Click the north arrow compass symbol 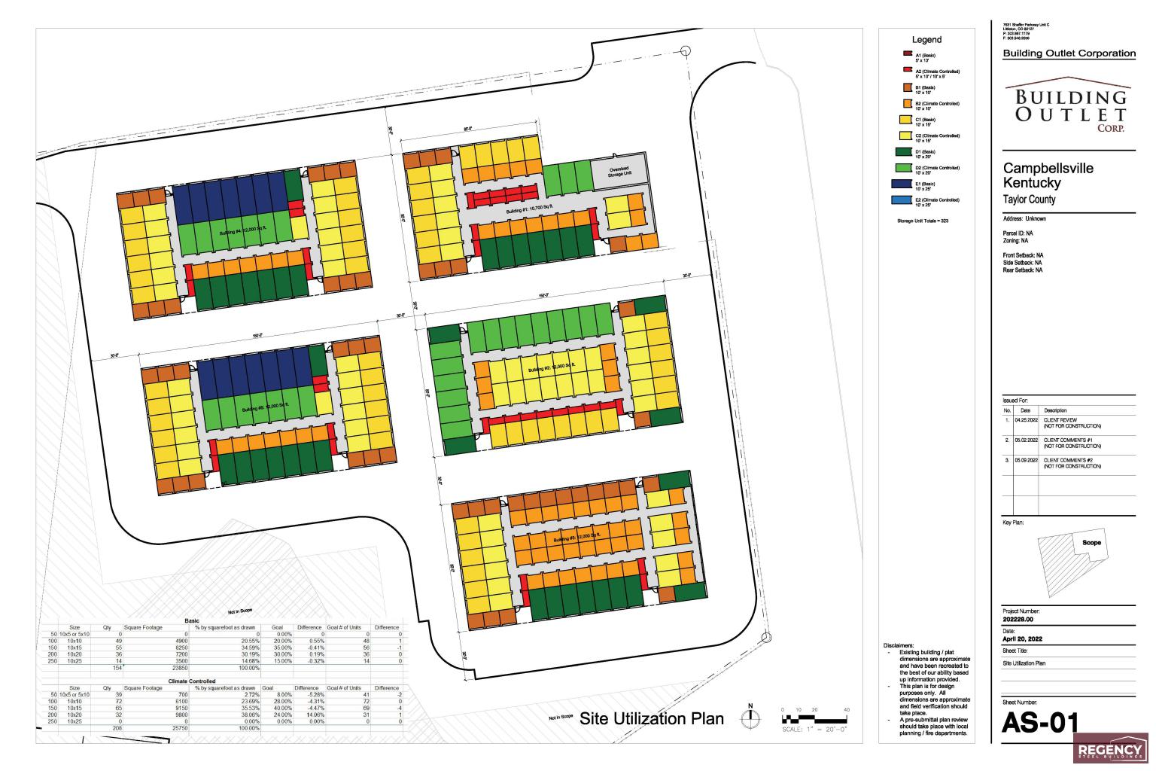[750, 719]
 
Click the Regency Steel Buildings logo [1109, 749]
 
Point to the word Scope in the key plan [1091, 542]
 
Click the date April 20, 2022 [1022, 639]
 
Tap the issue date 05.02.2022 [1026, 440]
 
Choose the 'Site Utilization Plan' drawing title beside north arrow [651, 718]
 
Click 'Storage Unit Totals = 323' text [922, 221]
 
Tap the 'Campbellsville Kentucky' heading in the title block [1048, 175]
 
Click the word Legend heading [926, 40]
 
